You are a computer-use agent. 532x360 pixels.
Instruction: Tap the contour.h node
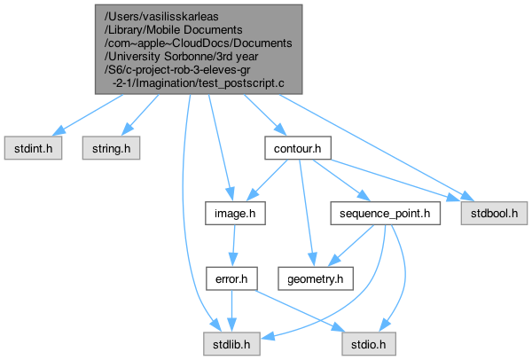coord(297,148)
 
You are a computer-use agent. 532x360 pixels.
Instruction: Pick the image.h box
coord(234,214)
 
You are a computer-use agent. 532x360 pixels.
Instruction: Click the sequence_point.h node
coord(384,214)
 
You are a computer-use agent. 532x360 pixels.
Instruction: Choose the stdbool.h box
coord(494,214)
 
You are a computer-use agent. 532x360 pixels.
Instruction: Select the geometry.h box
coord(314,278)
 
